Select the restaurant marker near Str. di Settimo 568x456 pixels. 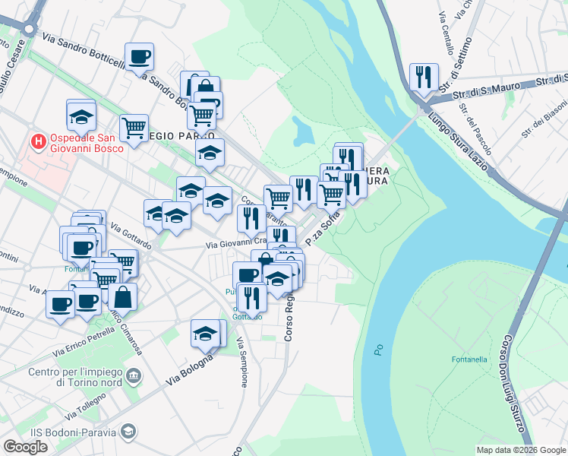tap(424, 77)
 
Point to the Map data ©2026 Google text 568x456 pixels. tap(520, 450)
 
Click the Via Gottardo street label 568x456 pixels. tap(131, 236)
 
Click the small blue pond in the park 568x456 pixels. tap(303, 131)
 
